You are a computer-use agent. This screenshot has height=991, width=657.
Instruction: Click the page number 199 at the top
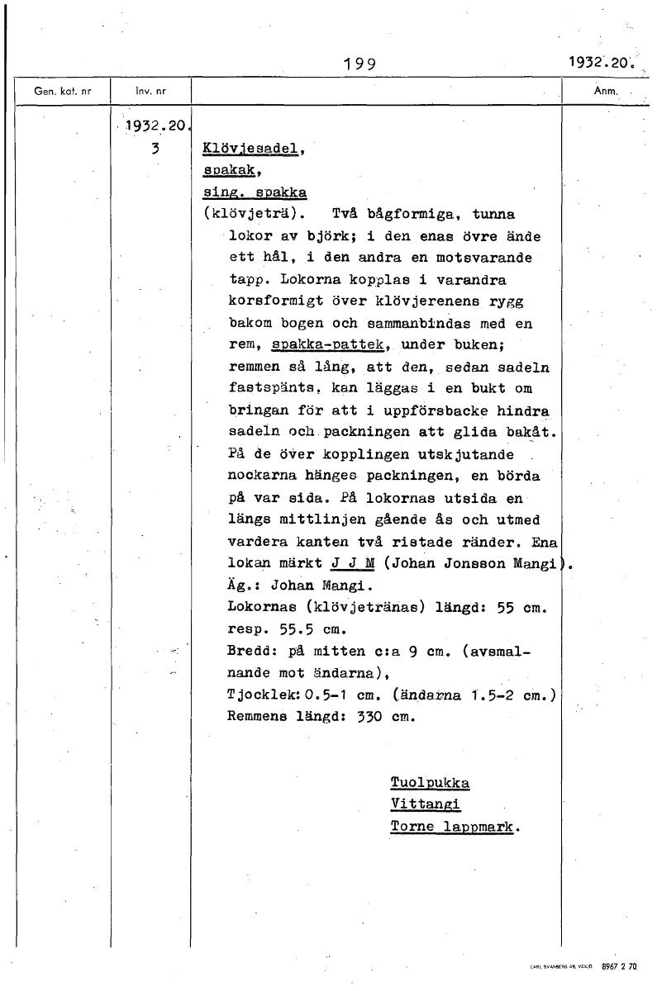[x=359, y=64]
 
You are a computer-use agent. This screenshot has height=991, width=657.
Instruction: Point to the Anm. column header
[x=607, y=92]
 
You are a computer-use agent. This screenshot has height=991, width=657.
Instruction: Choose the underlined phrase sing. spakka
[x=255, y=192]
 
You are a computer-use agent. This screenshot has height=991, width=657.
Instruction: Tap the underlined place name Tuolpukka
[x=429, y=782]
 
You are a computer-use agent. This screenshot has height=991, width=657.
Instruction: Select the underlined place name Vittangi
[x=425, y=804]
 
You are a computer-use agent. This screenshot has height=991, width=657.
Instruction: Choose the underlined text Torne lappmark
[x=452, y=826]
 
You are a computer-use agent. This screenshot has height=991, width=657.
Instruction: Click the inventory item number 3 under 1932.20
[x=155, y=150]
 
